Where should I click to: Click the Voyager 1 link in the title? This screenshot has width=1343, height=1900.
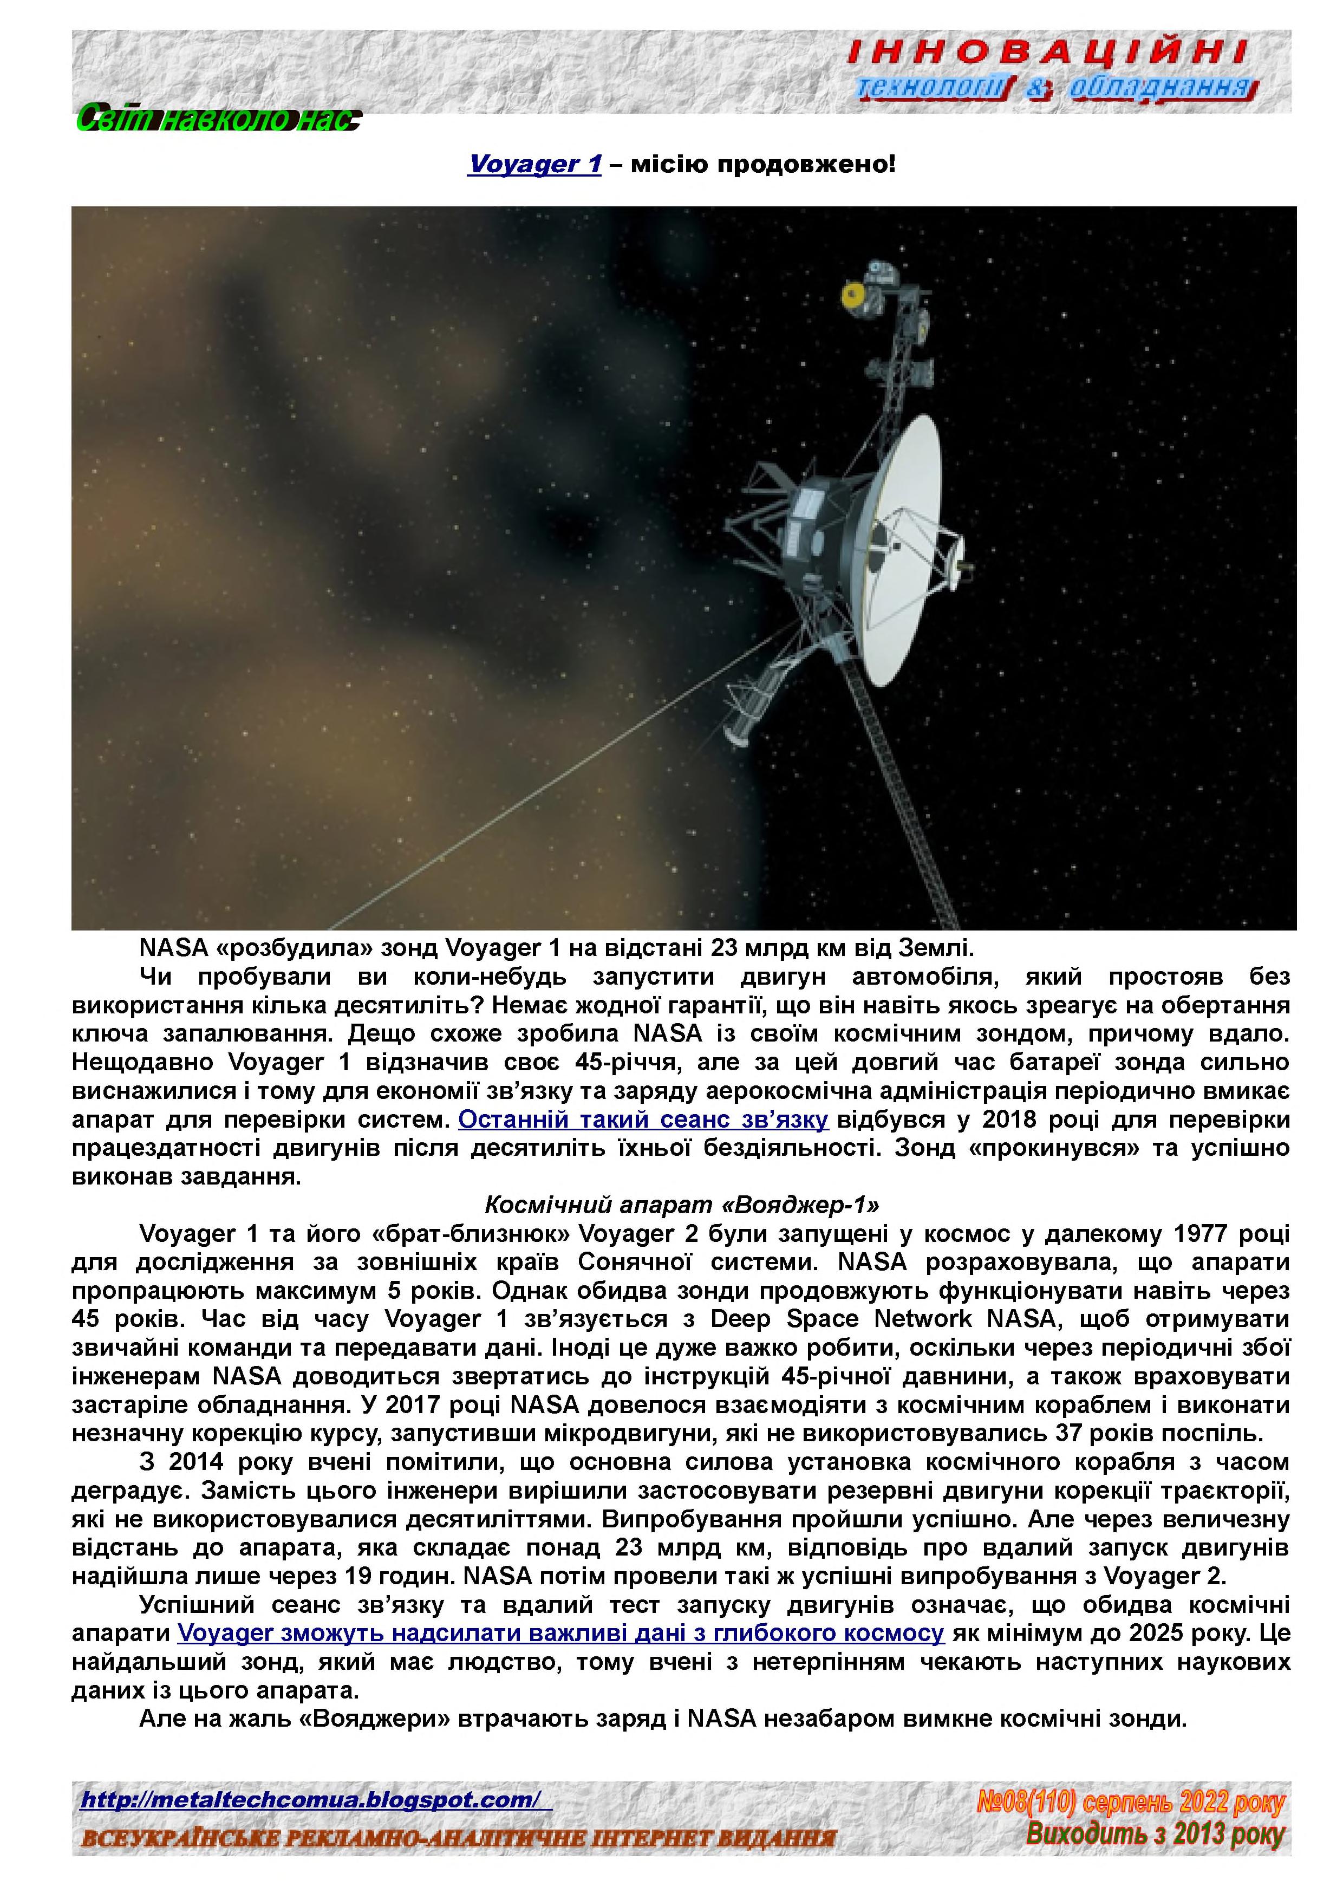[x=534, y=164]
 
